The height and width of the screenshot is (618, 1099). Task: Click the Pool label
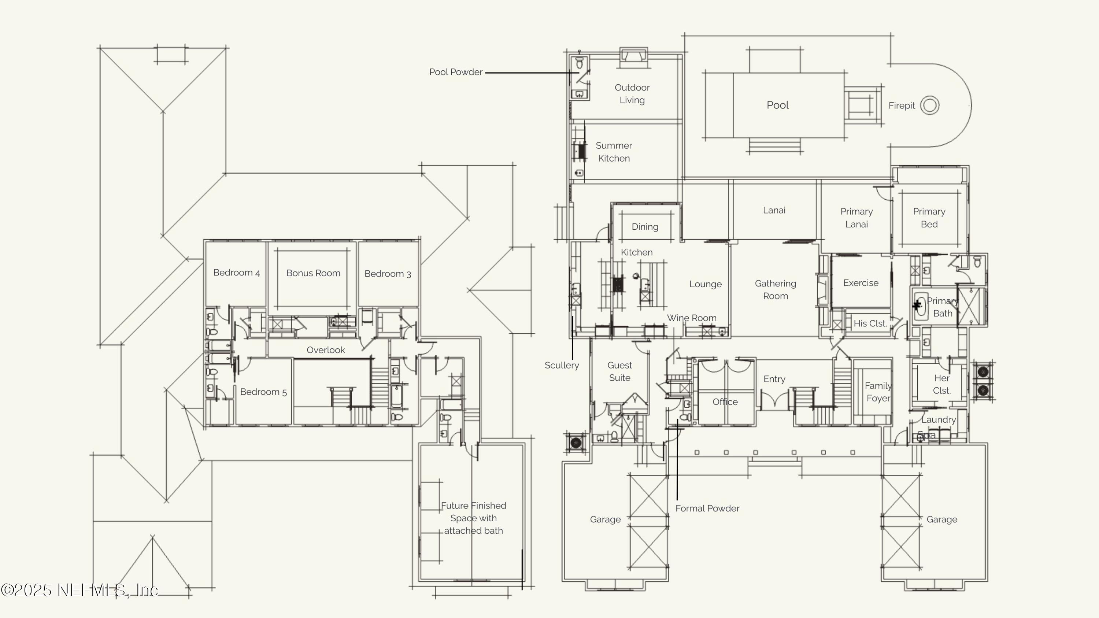(x=777, y=105)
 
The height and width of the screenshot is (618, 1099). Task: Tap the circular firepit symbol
(x=930, y=106)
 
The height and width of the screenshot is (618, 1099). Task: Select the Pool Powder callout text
(x=456, y=72)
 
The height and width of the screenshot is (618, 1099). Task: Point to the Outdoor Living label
(x=632, y=94)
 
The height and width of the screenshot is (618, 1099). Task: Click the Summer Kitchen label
(x=614, y=152)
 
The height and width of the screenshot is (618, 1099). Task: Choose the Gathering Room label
(x=775, y=290)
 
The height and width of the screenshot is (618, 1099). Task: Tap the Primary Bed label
(x=929, y=218)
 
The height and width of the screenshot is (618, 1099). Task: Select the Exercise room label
(x=861, y=283)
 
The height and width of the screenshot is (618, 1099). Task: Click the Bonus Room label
(x=313, y=273)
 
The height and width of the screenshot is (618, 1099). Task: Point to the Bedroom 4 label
(x=236, y=273)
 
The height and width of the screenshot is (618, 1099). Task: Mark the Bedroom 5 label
(x=263, y=392)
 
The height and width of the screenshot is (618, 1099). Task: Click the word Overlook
(x=326, y=350)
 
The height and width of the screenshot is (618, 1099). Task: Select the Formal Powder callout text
(x=707, y=508)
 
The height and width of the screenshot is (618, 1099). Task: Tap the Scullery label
(x=562, y=366)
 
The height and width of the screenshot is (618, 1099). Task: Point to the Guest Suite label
(x=619, y=371)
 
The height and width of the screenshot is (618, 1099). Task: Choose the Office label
(x=725, y=402)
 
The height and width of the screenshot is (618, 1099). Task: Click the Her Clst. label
(x=941, y=384)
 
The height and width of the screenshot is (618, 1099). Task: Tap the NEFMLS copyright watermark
(x=80, y=590)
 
